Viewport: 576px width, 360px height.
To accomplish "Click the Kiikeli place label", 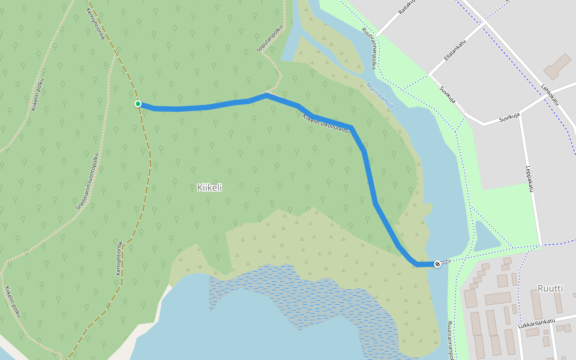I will point(209,187).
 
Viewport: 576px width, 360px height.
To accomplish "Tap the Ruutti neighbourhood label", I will point(550,288).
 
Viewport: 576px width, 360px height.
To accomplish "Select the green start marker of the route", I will point(138,104).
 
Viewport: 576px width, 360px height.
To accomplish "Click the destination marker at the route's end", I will point(437,263).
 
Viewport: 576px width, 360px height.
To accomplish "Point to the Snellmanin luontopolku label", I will point(87,181).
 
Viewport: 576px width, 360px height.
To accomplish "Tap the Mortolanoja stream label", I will point(380,95).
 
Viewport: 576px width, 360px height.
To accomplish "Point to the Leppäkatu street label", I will point(529,179).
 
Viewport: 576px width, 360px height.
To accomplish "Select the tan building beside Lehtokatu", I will point(557,66).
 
